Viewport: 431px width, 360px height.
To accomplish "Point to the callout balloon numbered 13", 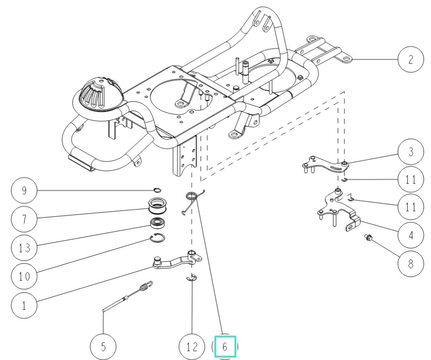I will tap(24, 247).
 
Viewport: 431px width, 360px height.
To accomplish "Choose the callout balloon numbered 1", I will tap(24, 306).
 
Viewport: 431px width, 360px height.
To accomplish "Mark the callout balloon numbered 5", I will tap(103, 347).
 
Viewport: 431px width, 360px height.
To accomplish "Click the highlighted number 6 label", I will tap(225, 346).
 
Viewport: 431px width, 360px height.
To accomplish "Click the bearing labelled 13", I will tap(157, 223).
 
